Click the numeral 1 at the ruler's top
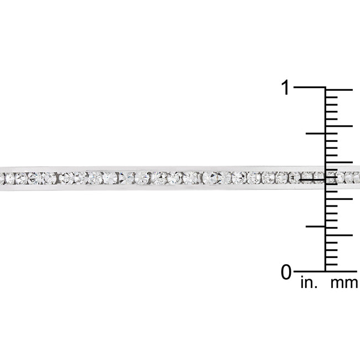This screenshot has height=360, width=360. (286, 88)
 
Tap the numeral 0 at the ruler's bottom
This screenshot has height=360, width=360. (286, 272)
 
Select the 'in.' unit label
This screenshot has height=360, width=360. (308, 284)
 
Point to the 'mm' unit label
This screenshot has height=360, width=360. (344, 284)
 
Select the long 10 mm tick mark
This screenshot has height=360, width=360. (338, 198)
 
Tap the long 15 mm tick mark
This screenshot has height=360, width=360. (338, 162)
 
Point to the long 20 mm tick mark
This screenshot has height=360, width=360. (338, 126)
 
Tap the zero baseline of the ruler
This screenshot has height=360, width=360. (310, 271)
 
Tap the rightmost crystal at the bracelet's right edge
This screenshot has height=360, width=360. (356, 177)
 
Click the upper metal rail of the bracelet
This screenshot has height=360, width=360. (166, 168)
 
